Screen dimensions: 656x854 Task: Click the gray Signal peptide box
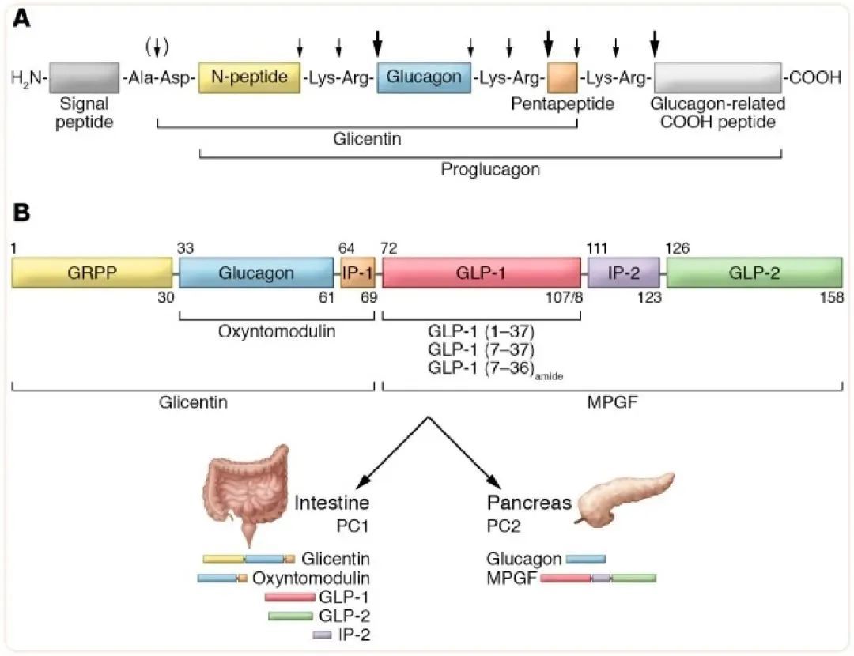click(x=85, y=77)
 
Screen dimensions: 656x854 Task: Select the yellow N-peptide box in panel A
click(x=249, y=77)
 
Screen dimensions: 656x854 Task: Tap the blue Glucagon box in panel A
click(x=424, y=77)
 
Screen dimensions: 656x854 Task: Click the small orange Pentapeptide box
click(x=562, y=77)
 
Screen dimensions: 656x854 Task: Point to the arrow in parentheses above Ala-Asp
click(x=158, y=47)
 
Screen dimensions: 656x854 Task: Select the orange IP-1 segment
click(x=357, y=273)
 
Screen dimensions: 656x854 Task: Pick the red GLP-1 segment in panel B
click(x=481, y=273)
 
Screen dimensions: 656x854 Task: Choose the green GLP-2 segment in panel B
click(x=754, y=273)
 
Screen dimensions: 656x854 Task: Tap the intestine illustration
click(x=245, y=490)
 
